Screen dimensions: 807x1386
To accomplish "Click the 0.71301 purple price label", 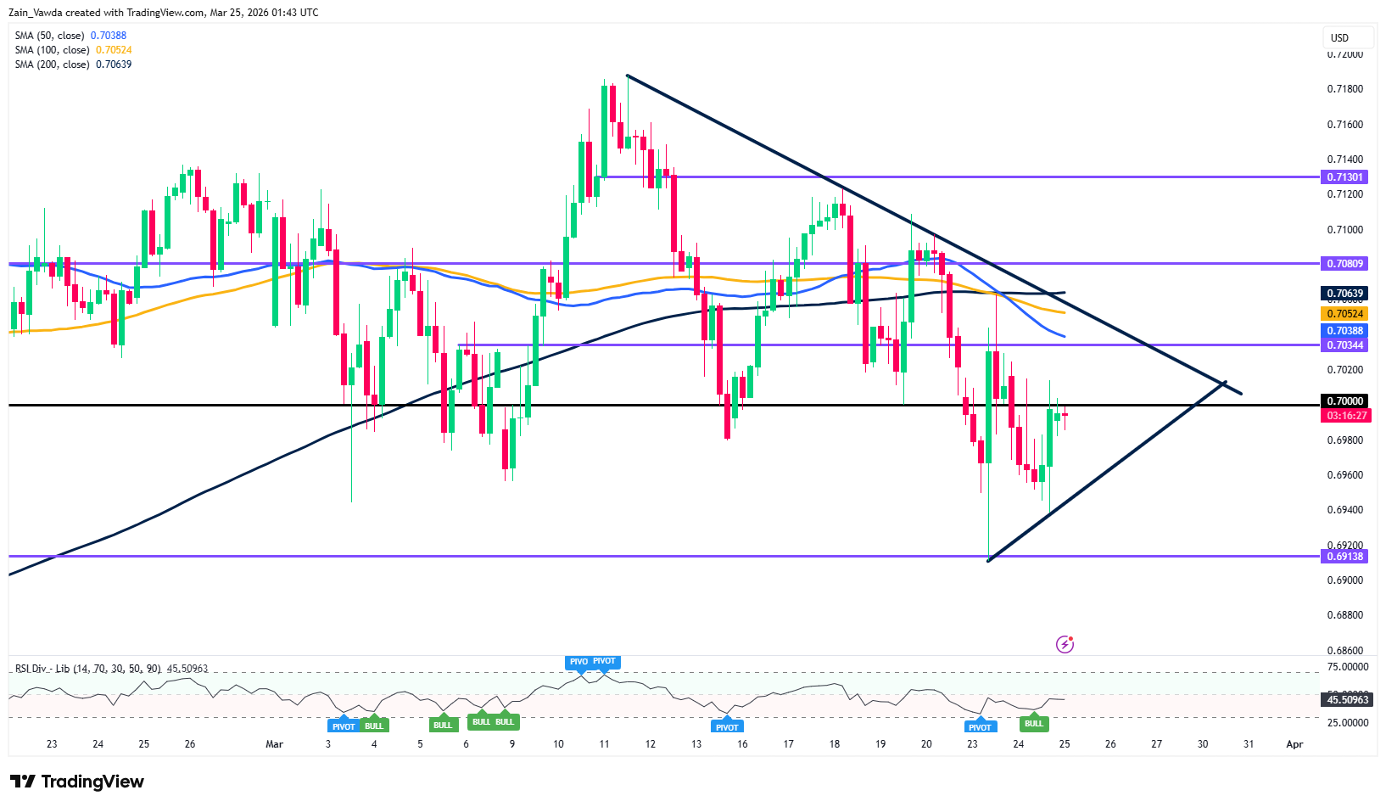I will coord(1344,177).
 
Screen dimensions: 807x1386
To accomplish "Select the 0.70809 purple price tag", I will coord(1344,264).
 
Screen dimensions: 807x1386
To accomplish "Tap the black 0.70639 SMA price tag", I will coord(1344,294).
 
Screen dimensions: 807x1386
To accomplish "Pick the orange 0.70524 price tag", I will coord(1344,314).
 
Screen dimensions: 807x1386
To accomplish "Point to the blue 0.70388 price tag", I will coord(1344,331).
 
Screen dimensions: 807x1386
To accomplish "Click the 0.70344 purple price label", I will coord(1344,345).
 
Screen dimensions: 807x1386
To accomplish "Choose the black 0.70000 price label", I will coord(1344,401).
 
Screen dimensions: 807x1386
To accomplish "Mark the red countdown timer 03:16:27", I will coord(1346,416).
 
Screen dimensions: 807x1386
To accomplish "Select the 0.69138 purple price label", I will coord(1344,557).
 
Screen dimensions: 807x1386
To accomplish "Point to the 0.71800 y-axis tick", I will coord(1344,89).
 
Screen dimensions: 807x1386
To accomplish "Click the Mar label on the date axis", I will coord(274,744).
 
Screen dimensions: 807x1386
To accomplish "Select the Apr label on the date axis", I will coord(1294,744).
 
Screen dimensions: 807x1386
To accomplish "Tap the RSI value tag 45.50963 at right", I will coord(1347,700).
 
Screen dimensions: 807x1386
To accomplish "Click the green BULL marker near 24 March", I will coord(1033,724).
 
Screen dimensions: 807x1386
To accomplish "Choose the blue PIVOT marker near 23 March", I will coord(980,727).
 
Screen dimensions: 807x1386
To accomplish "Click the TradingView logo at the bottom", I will coord(77,782).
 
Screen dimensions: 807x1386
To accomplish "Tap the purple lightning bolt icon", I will coord(1065,645).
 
